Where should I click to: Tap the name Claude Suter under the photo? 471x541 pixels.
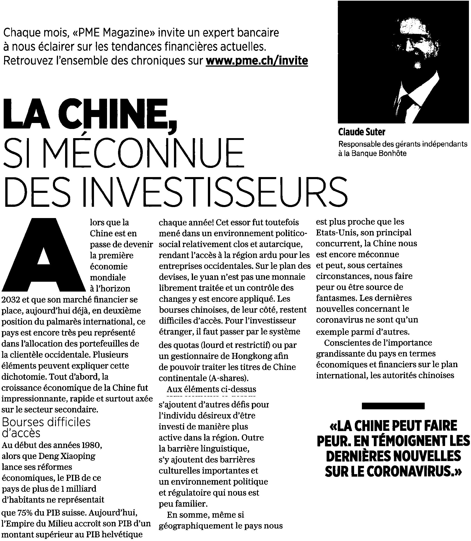tap(362, 132)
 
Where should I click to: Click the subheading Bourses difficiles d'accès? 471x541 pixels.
tap(46, 427)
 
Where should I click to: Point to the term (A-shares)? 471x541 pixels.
tap(229, 378)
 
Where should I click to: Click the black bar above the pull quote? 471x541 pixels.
tap(393, 406)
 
